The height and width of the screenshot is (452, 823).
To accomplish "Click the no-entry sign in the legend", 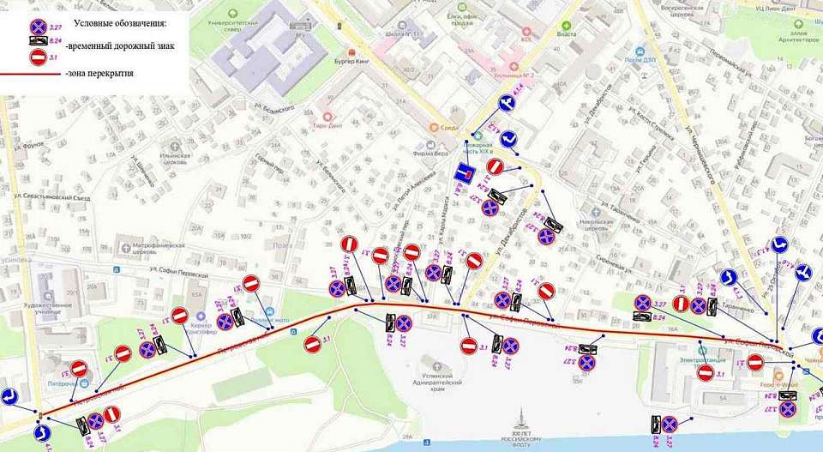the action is point(38,57).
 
